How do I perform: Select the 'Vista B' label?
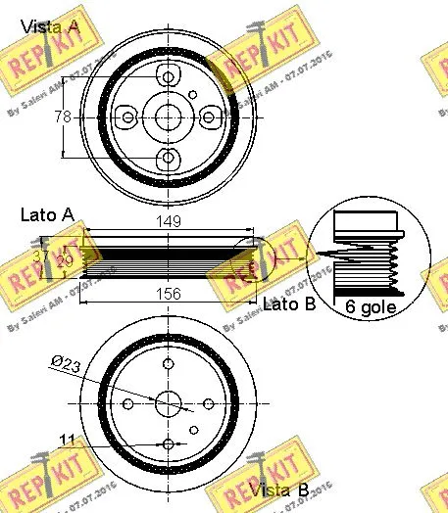point(280,489)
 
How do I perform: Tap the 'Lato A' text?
point(46,213)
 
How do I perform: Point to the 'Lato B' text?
point(289,303)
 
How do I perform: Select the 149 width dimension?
point(169,222)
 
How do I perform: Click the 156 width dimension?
point(169,291)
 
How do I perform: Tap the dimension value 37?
point(40,256)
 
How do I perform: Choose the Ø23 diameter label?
point(67,365)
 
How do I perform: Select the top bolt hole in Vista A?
point(169,77)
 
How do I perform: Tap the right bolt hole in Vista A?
point(208,117)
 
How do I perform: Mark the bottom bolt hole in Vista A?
point(169,157)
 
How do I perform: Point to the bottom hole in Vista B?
point(169,443)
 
